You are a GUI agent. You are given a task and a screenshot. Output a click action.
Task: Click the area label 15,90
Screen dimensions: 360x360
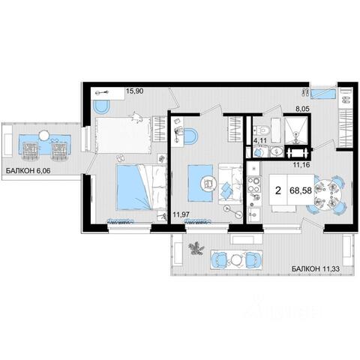click(135, 91)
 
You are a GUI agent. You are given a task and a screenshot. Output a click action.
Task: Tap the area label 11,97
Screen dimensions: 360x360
click(181, 214)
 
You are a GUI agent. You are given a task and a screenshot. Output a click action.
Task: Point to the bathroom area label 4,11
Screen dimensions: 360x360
click(260, 141)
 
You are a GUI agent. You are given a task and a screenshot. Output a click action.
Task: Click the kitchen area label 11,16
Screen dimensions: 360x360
click(301, 164)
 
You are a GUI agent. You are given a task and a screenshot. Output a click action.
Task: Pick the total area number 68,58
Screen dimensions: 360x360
click(301, 190)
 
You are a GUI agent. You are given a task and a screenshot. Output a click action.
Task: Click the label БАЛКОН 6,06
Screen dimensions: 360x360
click(28, 171)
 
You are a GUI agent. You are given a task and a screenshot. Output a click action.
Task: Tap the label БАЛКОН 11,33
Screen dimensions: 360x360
click(316, 268)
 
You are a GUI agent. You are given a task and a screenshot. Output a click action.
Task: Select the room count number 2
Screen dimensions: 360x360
click(278, 190)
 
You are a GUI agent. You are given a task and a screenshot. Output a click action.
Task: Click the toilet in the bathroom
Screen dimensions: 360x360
click(262, 130)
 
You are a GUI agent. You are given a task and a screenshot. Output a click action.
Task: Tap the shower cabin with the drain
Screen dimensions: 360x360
click(296, 130)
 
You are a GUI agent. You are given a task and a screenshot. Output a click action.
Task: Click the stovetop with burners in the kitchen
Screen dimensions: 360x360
click(254, 187)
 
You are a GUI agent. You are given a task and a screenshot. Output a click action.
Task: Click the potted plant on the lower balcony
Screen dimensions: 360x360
click(196, 247)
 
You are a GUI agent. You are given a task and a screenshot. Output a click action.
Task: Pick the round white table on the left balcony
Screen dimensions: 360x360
click(45, 136)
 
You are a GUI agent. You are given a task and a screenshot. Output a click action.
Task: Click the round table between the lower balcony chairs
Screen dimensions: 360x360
click(235, 260)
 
